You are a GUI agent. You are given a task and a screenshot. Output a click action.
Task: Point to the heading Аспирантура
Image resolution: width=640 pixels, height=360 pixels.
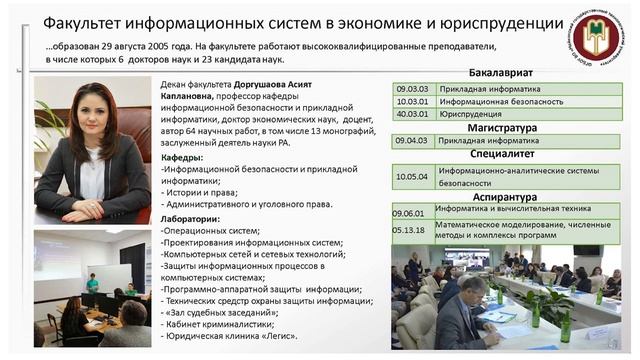(501, 199)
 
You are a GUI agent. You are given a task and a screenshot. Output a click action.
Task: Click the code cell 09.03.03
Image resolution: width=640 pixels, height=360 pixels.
(412, 88)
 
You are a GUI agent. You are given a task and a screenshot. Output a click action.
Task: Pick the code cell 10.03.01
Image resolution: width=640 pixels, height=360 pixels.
(412, 101)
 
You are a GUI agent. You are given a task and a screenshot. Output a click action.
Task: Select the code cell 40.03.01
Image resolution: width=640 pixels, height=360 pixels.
(412, 114)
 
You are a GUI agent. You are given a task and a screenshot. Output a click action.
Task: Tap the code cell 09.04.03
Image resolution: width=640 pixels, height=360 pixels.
(412, 140)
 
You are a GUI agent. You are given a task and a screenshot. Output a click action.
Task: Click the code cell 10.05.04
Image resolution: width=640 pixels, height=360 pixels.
(412, 177)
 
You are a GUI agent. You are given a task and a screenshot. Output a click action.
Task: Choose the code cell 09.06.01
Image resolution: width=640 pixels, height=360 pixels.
(409, 213)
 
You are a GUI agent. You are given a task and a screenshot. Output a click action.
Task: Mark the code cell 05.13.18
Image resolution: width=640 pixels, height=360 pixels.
(409, 229)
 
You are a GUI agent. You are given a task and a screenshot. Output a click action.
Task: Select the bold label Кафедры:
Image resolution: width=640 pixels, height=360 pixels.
(183, 157)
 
